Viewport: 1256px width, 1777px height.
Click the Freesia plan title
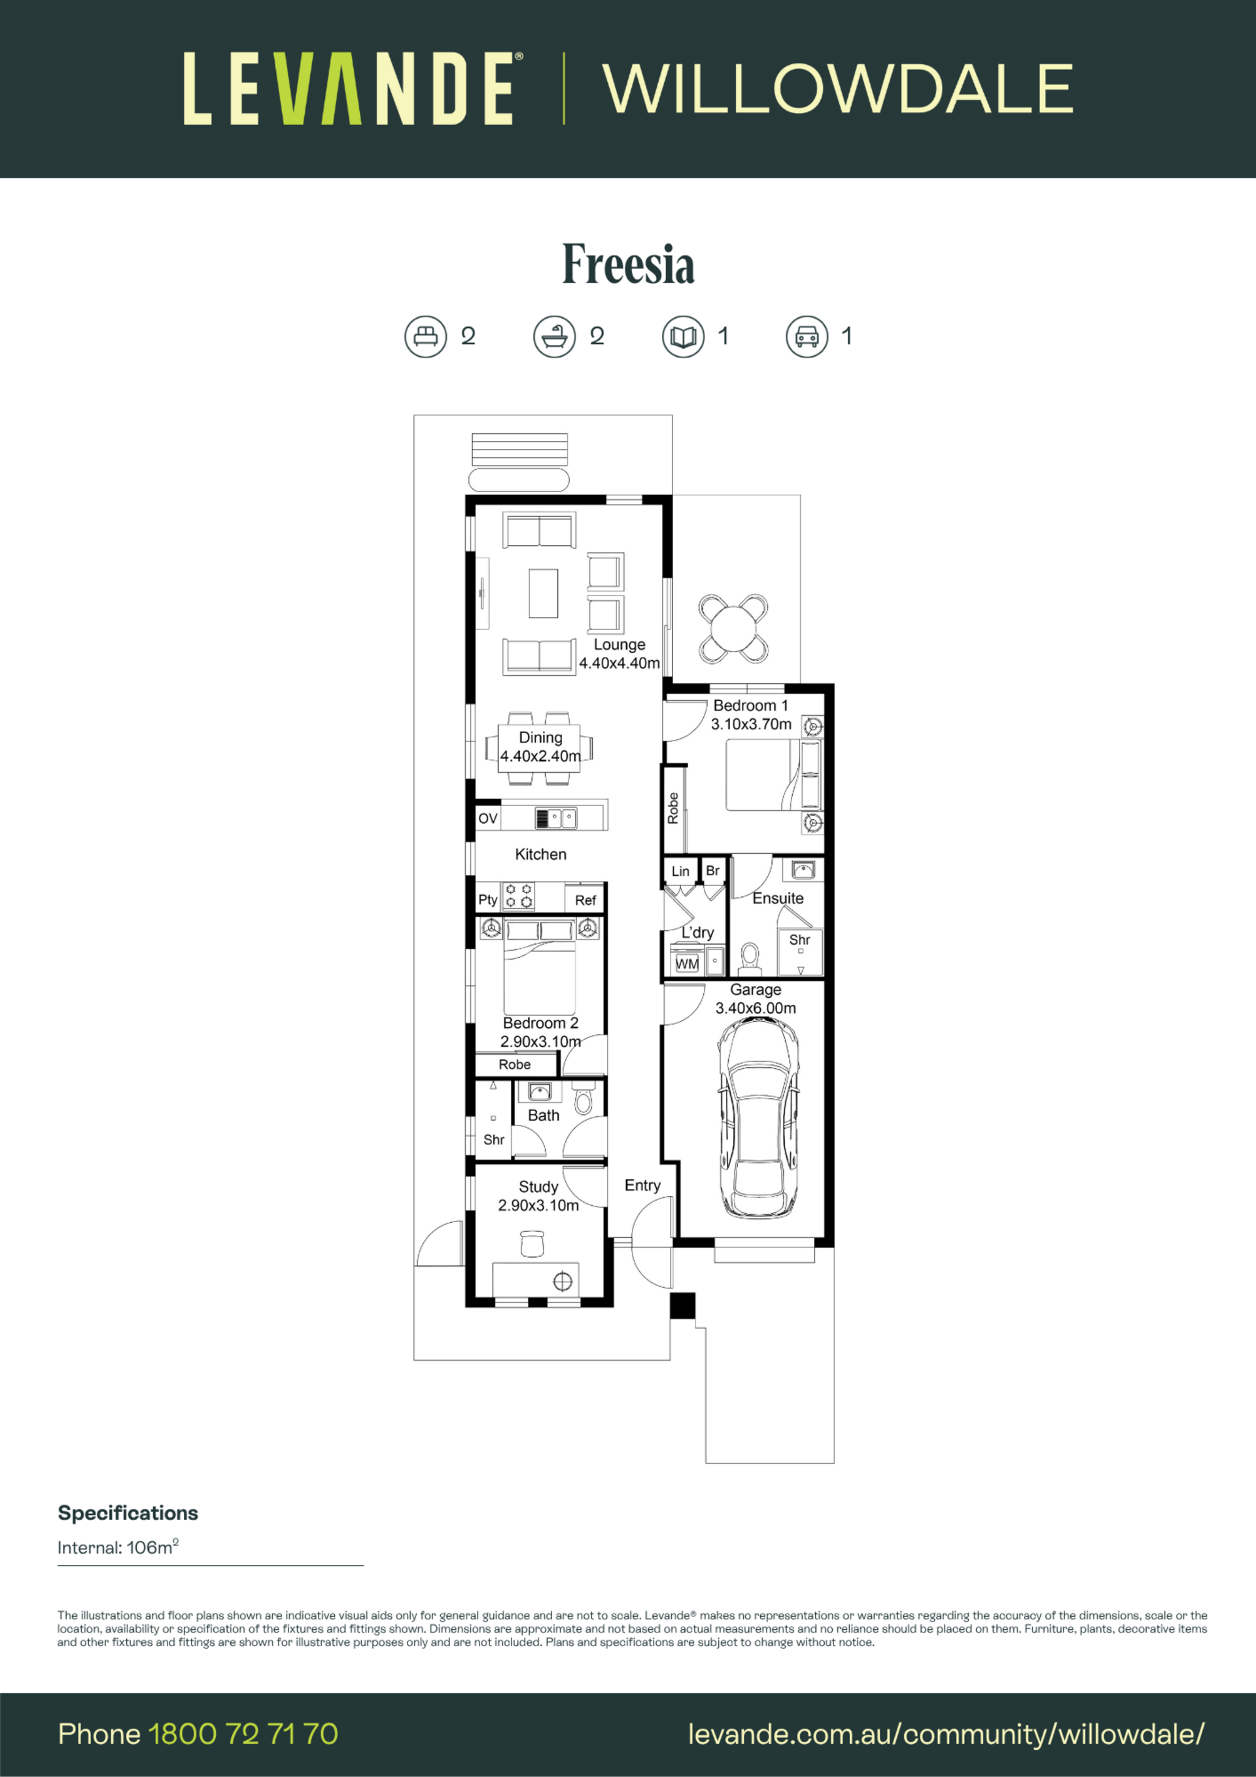coord(627,264)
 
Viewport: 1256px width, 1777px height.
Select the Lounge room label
coord(619,644)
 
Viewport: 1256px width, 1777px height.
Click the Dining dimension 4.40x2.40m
coord(540,756)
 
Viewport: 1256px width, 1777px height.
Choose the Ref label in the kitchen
coord(585,900)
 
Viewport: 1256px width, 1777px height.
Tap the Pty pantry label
coord(487,900)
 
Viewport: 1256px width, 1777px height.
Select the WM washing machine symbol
coord(687,964)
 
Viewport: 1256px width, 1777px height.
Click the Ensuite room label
coord(778,898)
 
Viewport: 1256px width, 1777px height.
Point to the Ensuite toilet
coord(750,958)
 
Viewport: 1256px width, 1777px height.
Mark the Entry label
coord(642,1186)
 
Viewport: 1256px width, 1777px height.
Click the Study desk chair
coord(532,1245)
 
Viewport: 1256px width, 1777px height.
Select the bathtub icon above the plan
coord(554,337)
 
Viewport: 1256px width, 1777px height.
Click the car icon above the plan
coord(807,337)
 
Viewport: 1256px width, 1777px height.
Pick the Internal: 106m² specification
coord(118,1547)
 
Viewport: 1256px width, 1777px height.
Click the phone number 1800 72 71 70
coord(243,1734)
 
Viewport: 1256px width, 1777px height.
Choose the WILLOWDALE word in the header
coord(838,89)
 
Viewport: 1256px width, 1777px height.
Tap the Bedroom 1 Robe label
coord(673,808)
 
